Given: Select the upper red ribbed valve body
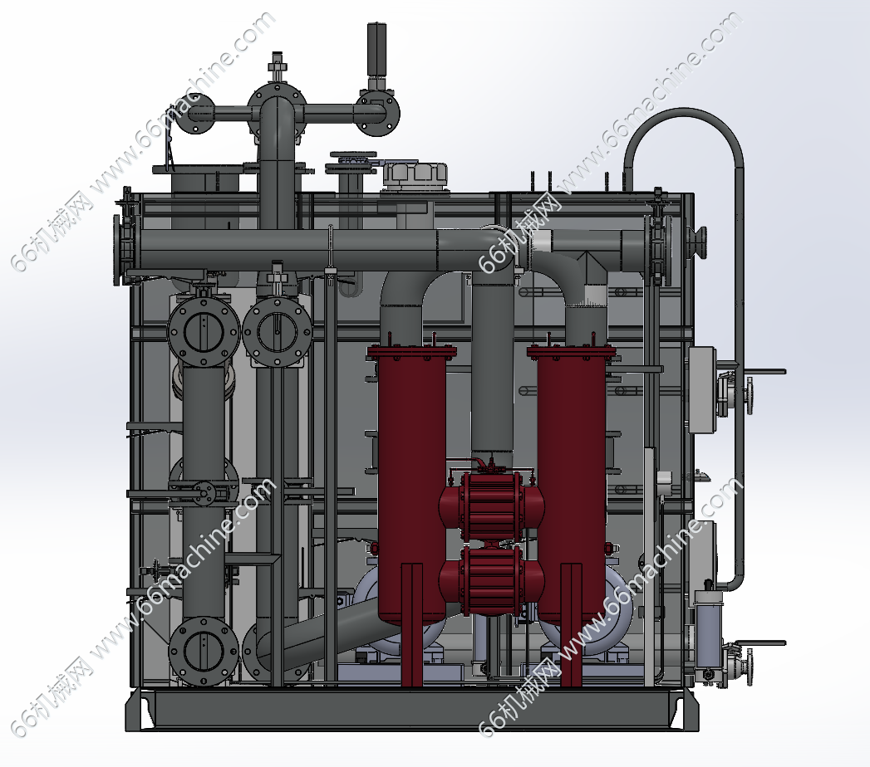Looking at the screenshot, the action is (x=492, y=505).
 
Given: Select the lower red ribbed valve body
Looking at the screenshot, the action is (x=492, y=580).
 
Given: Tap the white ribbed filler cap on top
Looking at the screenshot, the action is (x=415, y=176).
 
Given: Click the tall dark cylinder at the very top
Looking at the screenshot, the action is (x=376, y=50).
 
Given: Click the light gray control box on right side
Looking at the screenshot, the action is (x=700, y=389).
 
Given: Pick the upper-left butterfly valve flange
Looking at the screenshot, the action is (x=204, y=331).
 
